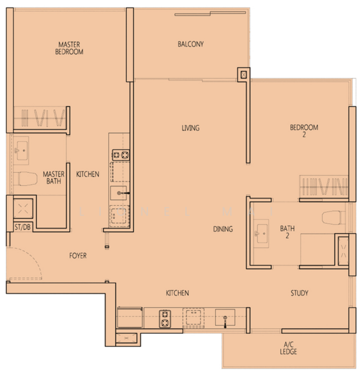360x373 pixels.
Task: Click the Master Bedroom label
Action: tap(69, 48)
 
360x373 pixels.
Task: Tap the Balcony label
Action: tap(191, 44)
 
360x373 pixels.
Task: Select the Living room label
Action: tap(191, 128)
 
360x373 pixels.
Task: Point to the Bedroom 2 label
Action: tap(304, 131)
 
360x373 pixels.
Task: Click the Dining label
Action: tap(223, 229)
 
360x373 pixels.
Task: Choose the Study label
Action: tap(299, 293)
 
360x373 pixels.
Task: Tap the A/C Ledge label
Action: tap(288, 348)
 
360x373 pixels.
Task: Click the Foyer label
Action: tap(78, 256)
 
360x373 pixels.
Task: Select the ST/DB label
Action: tap(22, 227)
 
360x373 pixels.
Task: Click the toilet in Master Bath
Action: tap(25, 178)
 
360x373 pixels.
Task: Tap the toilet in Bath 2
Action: tap(333, 218)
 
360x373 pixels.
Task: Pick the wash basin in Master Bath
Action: tap(21, 150)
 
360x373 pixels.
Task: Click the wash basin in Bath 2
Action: tap(261, 233)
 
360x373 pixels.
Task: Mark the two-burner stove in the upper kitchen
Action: tap(121, 155)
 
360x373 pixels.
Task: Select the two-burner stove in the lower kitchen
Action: tap(165, 319)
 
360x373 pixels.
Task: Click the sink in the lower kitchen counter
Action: tap(225, 317)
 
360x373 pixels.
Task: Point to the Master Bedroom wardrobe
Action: tap(40, 118)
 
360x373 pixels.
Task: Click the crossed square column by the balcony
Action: tap(244, 75)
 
